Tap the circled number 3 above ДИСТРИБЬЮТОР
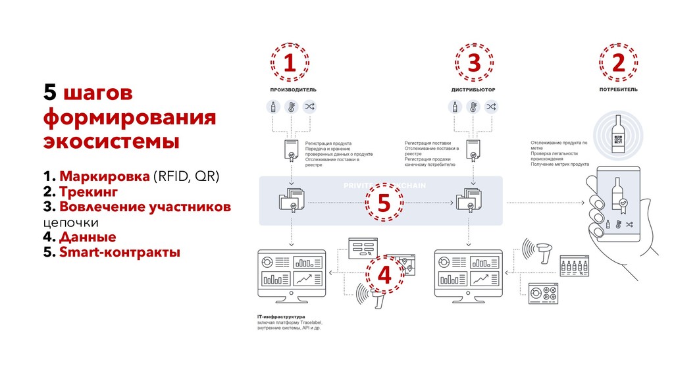473,64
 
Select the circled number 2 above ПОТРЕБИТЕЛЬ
618,64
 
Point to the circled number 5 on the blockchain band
383,203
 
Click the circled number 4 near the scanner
384,275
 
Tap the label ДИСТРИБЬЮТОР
473,89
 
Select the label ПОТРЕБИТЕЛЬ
618,89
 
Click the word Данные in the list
88,237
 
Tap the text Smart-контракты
118,252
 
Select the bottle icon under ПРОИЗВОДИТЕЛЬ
272,107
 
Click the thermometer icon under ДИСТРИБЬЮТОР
473,107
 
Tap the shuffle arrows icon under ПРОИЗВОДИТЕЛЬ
309,107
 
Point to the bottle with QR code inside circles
617,135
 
